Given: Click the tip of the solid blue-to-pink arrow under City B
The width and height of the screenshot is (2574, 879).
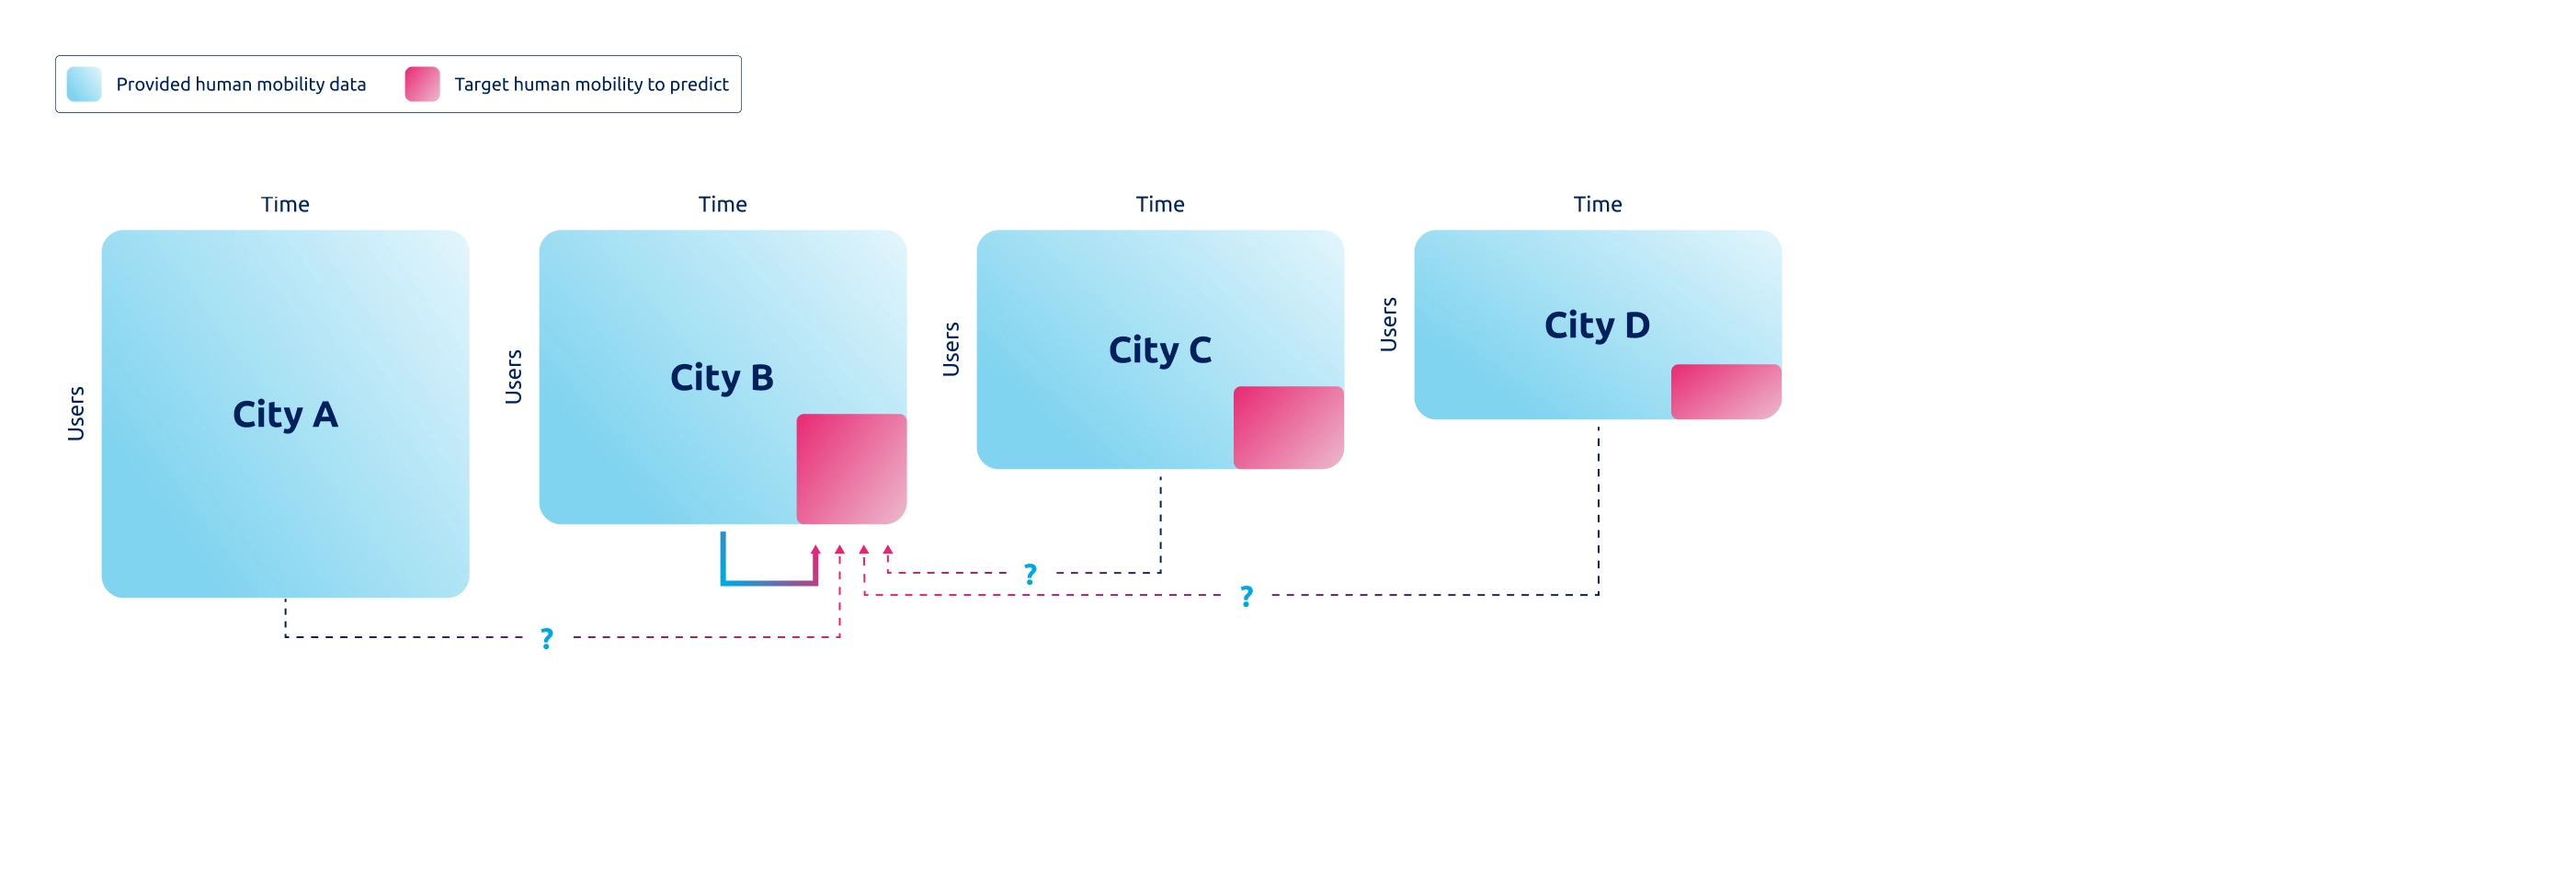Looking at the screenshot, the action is click(x=815, y=545).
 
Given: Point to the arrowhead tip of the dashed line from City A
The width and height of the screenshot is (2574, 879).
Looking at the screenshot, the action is click(x=839, y=545).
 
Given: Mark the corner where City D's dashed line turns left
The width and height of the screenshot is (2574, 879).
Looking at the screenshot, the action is click(x=1598, y=594).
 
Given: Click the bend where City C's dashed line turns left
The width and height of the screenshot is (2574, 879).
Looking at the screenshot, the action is click(x=1160, y=572).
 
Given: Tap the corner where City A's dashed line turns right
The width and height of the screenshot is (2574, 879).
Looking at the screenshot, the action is click(x=286, y=636).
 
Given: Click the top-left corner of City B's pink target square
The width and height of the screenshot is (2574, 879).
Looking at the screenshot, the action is click(x=797, y=415).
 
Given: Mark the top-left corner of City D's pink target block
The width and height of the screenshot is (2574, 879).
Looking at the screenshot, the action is click(x=1671, y=365).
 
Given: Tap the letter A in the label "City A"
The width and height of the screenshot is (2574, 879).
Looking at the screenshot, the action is click(x=325, y=415).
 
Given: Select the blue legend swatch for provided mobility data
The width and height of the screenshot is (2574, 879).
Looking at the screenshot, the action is click(x=84, y=84).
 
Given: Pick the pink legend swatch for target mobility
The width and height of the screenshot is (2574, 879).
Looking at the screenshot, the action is click(x=422, y=84).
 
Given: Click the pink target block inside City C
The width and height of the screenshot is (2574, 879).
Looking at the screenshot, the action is click(x=1288, y=428).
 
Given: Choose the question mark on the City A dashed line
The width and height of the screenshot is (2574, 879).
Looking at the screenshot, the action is click(x=547, y=638).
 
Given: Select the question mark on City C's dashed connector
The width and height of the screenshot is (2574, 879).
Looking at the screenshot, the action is click(x=1031, y=575).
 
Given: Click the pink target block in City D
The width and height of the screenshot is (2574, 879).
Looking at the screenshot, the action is click(x=1725, y=392).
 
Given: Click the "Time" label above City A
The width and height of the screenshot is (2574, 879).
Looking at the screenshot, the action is click(x=285, y=204).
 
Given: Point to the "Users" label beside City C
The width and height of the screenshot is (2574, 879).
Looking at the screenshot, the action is click(x=951, y=348).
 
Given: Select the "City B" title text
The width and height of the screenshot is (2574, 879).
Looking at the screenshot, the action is click(x=722, y=378).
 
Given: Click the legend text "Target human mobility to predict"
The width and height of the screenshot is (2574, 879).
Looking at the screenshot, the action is click(x=591, y=84).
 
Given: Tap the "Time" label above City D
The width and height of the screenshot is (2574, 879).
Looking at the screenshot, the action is click(x=1598, y=204).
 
